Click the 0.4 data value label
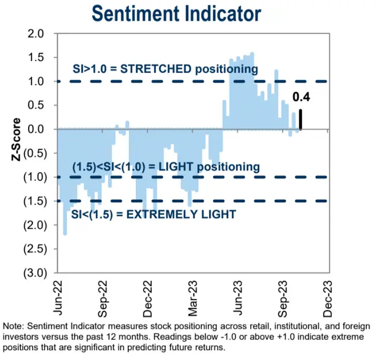pos(301,98)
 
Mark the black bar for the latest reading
pos(301,119)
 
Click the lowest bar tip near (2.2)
pos(65,233)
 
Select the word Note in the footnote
pos(14,327)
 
